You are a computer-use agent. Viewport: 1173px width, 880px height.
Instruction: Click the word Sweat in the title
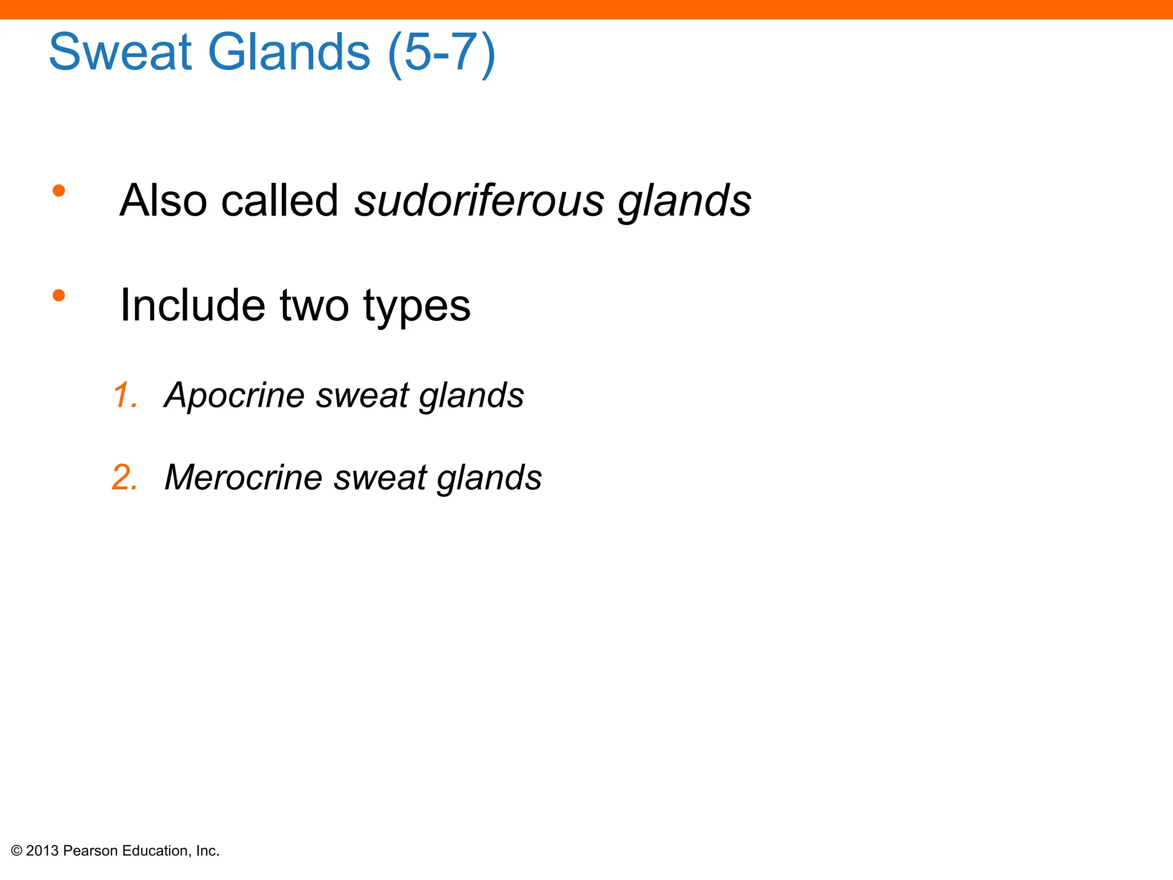click(120, 52)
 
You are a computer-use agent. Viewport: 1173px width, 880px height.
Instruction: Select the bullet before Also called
click(58, 191)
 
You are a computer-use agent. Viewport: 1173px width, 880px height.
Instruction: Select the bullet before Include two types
click(58, 296)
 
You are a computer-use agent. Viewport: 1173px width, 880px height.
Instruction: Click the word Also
click(163, 201)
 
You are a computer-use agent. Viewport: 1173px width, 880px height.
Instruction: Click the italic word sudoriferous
click(479, 201)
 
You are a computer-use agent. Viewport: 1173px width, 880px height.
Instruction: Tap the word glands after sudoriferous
click(684, 202)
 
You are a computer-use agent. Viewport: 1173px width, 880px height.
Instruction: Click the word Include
click(192, 305)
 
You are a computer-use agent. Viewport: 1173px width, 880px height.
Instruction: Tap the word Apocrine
click(234, 396)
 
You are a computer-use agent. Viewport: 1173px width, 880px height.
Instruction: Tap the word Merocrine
click(243, 477)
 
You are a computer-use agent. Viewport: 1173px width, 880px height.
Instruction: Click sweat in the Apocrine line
click(362, 396)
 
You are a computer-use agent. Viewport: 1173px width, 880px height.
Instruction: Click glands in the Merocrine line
click(489, 478)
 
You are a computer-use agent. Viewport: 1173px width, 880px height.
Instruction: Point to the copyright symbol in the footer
click(17, 851)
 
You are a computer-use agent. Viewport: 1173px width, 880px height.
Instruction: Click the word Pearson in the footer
click(90, 851)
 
